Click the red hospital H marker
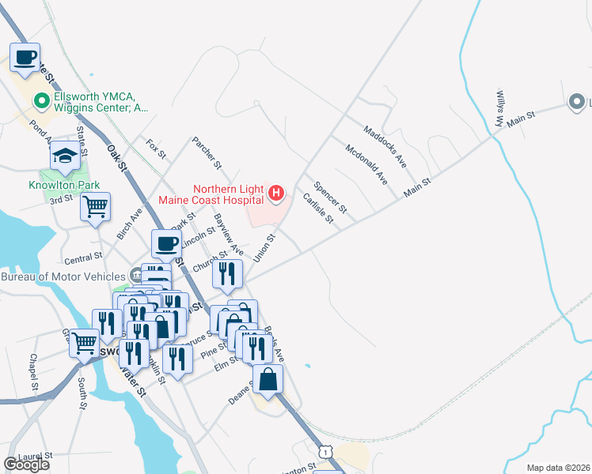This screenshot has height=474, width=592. (x=276, y=192)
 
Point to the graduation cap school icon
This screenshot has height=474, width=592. (x=65, y=156)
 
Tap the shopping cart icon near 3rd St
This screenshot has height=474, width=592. (x=95, y=207)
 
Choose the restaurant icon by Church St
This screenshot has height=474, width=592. (x=227, y=274)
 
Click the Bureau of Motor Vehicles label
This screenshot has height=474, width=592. (x=63, y=276)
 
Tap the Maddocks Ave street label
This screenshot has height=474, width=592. (x=385, y=145)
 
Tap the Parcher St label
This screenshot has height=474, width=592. (x=207, y=152)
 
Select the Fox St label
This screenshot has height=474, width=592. (x=156, y=149)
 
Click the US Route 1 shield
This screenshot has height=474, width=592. (x=324, y=450)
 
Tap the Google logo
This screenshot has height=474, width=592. (x=26, y=465)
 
